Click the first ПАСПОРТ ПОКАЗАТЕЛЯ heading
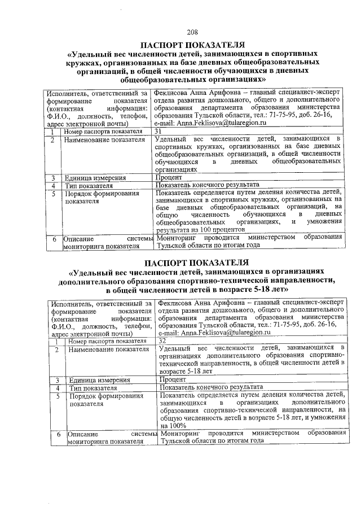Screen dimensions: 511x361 click(192, 44)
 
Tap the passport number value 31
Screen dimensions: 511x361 click(159, 131)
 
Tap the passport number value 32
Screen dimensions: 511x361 click(163, 340)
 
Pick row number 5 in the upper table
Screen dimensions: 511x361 click(52, 193)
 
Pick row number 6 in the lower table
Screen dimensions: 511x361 click(58, 435)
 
